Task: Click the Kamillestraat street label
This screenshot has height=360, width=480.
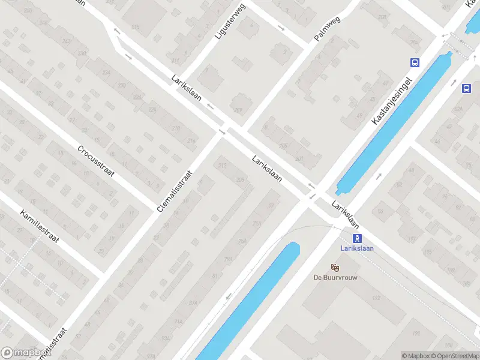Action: [39, 226]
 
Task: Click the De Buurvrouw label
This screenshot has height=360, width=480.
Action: [334, 277]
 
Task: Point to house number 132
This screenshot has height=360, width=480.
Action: [376, 298]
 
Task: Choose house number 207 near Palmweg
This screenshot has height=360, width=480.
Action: [238, 110]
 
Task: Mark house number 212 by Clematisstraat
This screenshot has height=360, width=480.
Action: [223, 166]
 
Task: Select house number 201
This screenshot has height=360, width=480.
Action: [299, 159]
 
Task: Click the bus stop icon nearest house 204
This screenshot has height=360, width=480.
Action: [414, 62]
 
